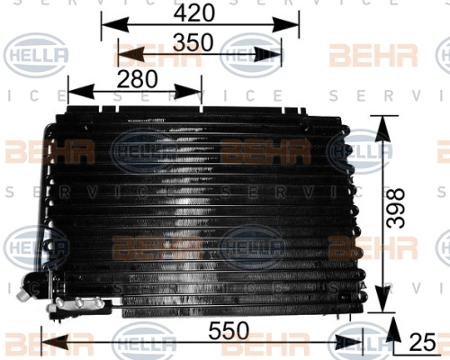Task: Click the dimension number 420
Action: [194, 13]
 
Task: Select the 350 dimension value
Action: [193, 42]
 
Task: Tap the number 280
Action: [137, 79]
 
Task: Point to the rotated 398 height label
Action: [395, 208]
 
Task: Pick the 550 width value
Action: [229, 330]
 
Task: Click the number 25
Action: [422, 342]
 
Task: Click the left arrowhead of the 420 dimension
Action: [115, 24]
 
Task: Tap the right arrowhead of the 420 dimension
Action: [285, 24]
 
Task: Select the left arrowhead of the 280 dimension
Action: [82, 91]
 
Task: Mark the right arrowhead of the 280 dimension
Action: [188, 91]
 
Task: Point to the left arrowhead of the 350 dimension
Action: [131, 54]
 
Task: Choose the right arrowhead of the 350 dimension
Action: [268, 54]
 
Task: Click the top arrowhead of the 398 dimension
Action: [382, 130]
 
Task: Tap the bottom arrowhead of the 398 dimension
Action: [382, 299]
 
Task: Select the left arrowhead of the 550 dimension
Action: [55, 342]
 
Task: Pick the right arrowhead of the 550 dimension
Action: [350, 342]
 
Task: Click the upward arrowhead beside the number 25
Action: [394, 328]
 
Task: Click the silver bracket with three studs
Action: [78, 303]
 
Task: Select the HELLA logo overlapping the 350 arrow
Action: [251, 56]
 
